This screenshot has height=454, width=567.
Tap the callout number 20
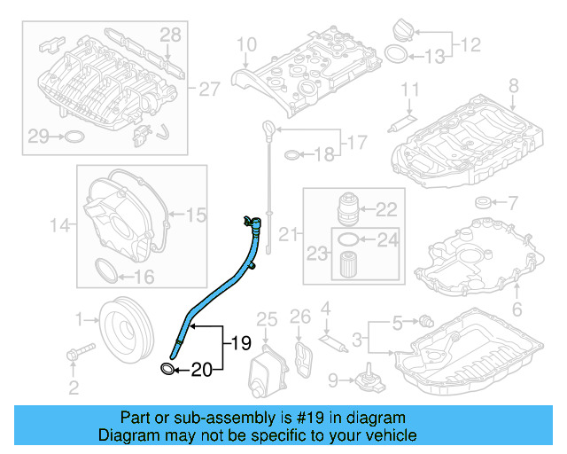point(203,370)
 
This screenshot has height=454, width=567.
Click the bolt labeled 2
point(75,354)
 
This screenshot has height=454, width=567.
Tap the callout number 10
point(245,43)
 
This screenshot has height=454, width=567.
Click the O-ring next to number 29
point(74,137)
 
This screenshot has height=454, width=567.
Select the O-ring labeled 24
point(350,239)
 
